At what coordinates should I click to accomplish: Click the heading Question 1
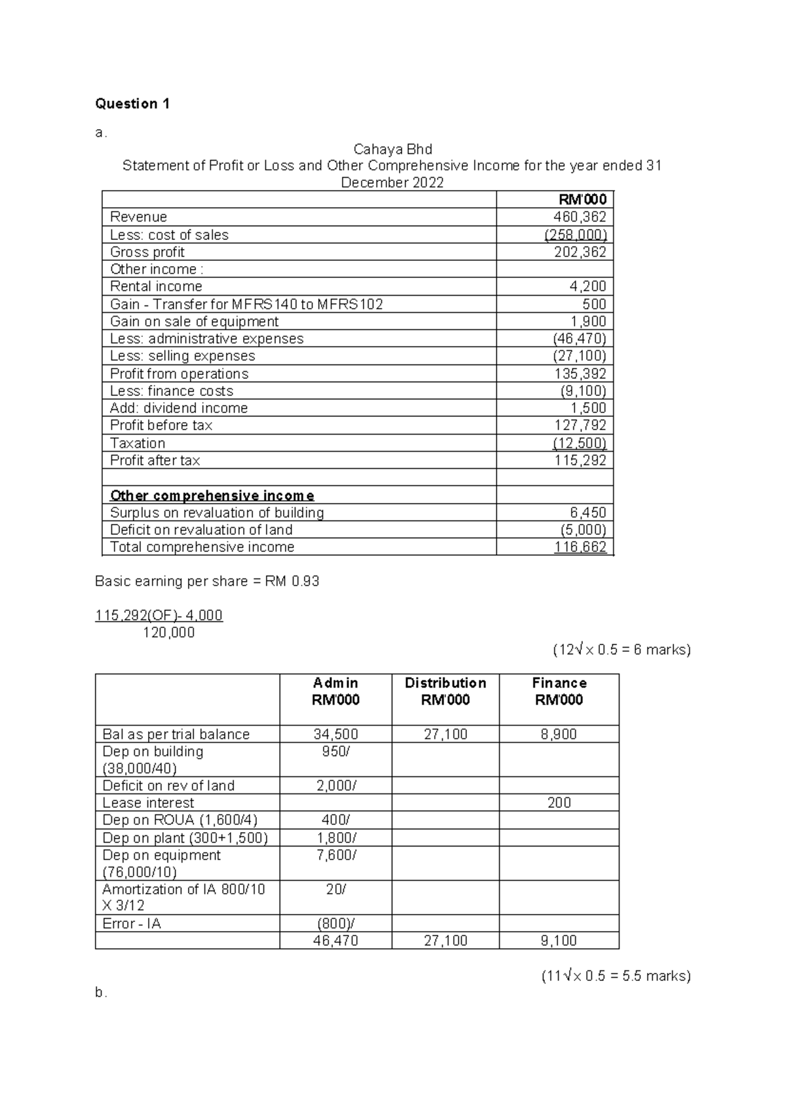coord(132,104)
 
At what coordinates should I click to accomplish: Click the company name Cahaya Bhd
coord(392,149)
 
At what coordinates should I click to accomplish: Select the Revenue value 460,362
coord(580,217)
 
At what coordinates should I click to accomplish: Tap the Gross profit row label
coord(147,252)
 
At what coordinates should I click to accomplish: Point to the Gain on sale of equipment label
coord(194,321)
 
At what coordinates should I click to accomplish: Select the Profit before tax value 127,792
coord(580,425)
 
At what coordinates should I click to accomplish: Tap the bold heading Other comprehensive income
coord(212,495)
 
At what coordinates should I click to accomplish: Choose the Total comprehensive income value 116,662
coord(580,547)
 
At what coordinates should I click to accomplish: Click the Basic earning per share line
coord(207,581)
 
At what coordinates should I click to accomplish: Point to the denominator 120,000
coord(169,633)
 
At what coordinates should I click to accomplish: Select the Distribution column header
coord(445,683)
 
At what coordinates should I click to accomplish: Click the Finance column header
coord(559,683)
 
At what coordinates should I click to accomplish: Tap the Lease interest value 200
coord(559,803)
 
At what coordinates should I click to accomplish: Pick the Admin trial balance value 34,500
coord(335,734)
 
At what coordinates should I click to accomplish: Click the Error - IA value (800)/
coord(335,923)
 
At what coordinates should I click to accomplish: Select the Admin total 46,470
coord(335,941)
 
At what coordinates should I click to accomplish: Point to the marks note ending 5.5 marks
coord(616,976)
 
